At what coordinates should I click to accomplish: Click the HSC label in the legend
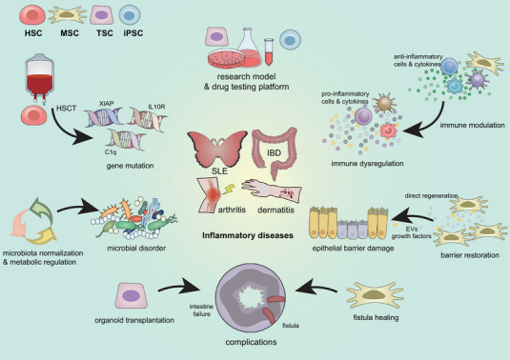pyautogui.click(x=33, y=33)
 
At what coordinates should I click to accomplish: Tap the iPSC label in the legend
pyautogui.click(x=133, y=33)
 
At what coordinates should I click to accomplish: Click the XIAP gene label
pyautogui.click(x=107, y=104)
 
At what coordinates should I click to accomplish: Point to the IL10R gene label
pyautogui.click(x=156, y=107)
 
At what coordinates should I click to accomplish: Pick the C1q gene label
pyautogui.click(x=111, y=151)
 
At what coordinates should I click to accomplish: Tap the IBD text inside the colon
pyautogui.click(x=274, y=152)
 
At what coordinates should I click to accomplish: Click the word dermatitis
pyautogui.click(x=275, y=210)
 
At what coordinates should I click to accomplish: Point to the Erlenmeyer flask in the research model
pyautogui.click(x=250, y=47)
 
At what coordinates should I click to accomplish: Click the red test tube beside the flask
pyautogui.click(x=269, y=51)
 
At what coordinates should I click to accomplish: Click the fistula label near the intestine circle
pyautogui.click(x=291, y=326)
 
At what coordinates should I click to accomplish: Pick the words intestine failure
pyautogui.click(x=202, y=310)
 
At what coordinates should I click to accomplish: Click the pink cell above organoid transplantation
pyautogui.click(x=132, y=295)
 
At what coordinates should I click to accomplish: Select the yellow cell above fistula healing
pyautogui.click(x=375, y=295)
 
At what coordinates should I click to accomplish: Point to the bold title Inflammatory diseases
pyautogui.click(x=248, y=235)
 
